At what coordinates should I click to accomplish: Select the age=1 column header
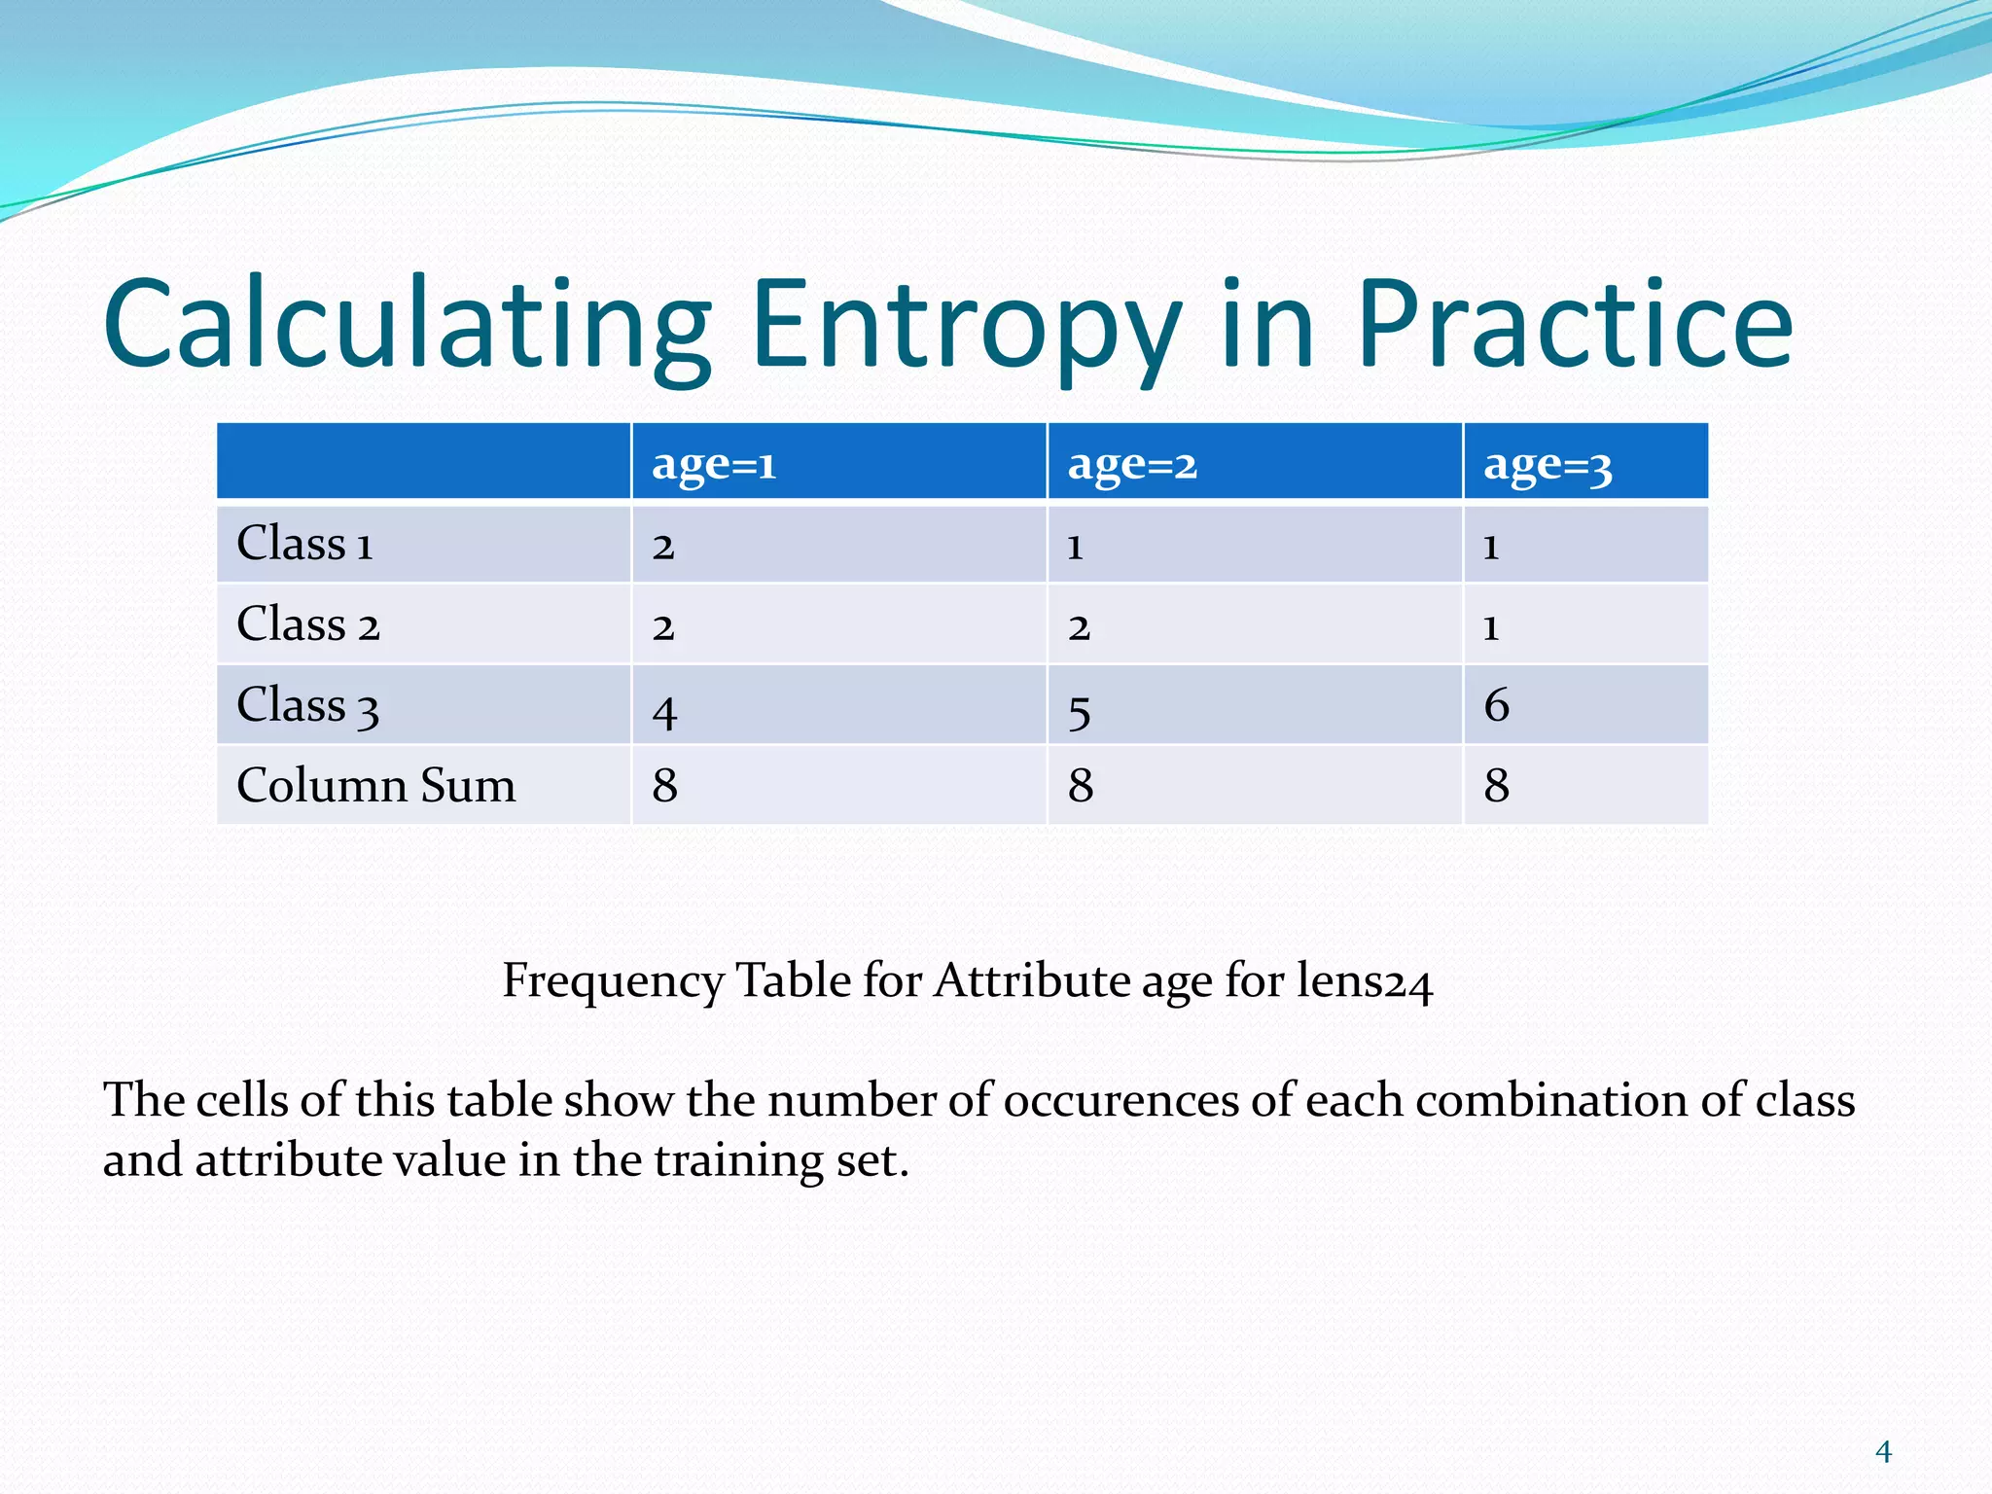click(714, 464)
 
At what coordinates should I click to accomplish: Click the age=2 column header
click(1131, 464)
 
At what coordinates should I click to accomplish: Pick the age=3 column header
click(1547, 465)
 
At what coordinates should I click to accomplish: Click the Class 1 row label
click(304, 544)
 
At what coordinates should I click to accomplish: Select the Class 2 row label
click(307, 624)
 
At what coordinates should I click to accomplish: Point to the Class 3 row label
click(307, 705)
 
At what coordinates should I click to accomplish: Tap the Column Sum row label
click(375, 785)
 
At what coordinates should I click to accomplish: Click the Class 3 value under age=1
click(664, 711)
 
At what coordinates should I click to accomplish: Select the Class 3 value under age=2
click(1079, 711)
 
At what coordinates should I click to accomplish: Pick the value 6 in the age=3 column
click(1496, 705)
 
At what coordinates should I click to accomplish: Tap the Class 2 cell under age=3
click(1490, 627)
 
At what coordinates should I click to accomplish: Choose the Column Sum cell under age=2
click(1080, 785)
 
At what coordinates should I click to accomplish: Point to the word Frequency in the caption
click(613, 980)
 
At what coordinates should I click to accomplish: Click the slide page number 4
click(1883, 1452)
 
